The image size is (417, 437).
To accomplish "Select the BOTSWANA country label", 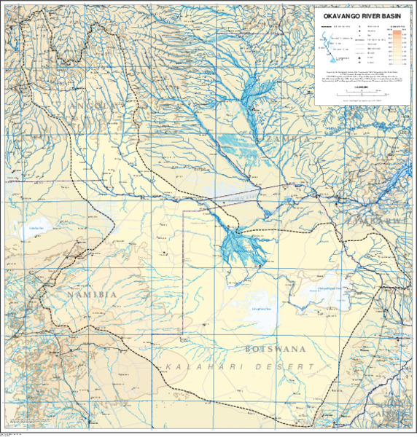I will point(273,349).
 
